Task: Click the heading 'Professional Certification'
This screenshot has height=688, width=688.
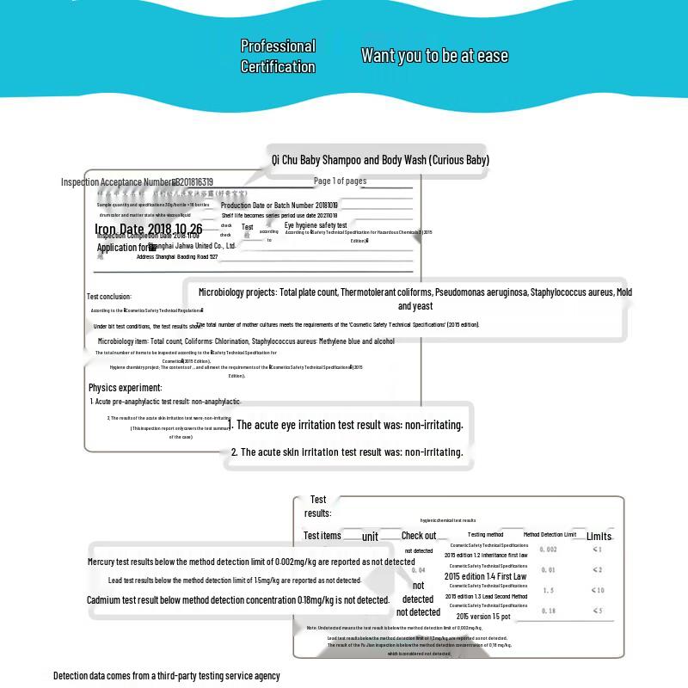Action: pos(278,56)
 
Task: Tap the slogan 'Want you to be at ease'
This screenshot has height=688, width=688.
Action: pos(434,56)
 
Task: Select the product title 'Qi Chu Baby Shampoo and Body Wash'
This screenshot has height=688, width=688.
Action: pos(380,160)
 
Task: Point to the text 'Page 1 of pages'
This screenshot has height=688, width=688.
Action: pos(340,181)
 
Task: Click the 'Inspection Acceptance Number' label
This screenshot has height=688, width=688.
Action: pos(117,182)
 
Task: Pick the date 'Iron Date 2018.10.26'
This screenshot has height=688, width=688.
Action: pos(149,229)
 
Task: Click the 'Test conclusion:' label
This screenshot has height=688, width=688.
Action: pos(109,297)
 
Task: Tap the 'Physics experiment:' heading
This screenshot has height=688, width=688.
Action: pos(126,388)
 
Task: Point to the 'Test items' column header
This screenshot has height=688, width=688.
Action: pos(322,536)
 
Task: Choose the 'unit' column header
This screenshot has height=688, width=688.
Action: pos(370,537)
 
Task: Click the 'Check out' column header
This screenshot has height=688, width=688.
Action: pos(419,536)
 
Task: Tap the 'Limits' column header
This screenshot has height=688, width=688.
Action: pos(599,536)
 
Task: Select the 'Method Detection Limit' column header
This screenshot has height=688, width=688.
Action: pos(550,535)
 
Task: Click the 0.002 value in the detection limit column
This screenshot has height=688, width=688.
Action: pos(548,550)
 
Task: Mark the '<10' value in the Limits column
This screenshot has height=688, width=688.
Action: pos(598,590)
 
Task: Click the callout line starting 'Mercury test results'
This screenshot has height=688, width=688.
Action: pos(251,562)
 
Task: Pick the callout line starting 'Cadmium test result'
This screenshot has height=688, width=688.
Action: pos(238,599)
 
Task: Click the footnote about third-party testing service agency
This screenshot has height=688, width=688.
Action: pos(167,676)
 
